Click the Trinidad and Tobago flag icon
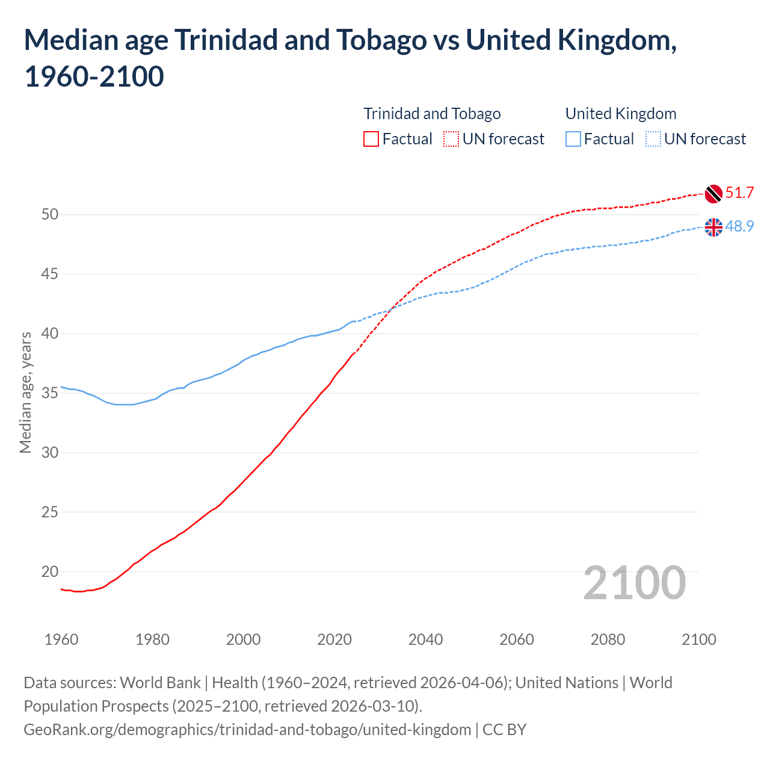click(713, 194)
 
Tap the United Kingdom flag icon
click(713, 227)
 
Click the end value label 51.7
click(739, 192)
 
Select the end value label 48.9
click(739, 226)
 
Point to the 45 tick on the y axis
click(50, 274)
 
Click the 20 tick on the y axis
click(50, 571)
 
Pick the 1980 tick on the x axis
click(152, 639)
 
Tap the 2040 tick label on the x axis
click(425, 639)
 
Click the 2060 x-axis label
click(517, 639)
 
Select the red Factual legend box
click(371, 139)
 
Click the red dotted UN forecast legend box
click(451, 139)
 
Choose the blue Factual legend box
click(573, 139)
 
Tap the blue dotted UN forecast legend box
click(653, 139)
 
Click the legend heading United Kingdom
click(621, 114)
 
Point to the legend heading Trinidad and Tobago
click(432, 114)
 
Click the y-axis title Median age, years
click(25, 392)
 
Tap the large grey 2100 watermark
click(634, 583)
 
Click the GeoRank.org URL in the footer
click(247, 730)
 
